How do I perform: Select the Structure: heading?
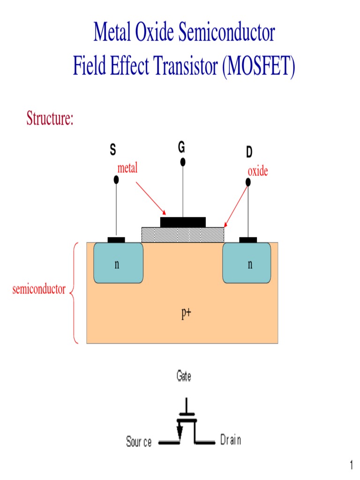pos(50,119)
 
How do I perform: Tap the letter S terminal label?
pos(112,150)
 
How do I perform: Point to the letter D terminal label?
pos(249,152)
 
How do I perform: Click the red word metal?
pos(127,168)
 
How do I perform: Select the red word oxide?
pos(258,171)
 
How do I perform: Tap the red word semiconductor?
pos(39,289)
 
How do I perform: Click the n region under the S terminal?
pos(118,263)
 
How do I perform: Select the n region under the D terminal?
pos(247,263)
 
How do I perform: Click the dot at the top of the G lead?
pos(183,162)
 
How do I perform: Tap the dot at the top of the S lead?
pos(116,180)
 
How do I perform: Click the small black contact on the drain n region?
pos(248,240)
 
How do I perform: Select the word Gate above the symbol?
pos(184,376)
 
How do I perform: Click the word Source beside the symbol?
pos(139,442)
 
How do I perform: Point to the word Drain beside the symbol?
pos(231,440)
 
